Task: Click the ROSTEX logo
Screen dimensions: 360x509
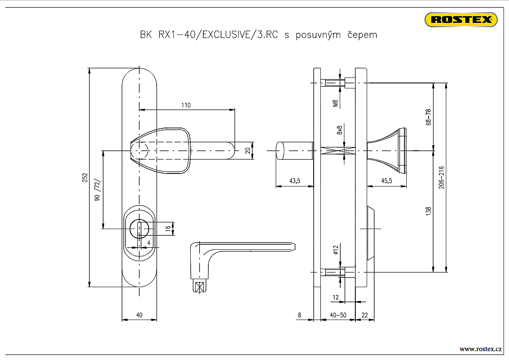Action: tap(461, 19)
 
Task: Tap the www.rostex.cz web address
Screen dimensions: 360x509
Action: tap(480, 349)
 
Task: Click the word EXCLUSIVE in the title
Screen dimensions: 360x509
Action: tap(226, 35)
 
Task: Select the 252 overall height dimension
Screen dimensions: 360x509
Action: tap(84, 177)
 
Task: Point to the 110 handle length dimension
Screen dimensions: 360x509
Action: tap(186, 105)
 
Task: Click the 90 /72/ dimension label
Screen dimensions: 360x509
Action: tap(97, 190)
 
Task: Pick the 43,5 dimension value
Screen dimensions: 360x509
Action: tap(294, 181)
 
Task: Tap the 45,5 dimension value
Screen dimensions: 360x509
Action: tap(386, 181)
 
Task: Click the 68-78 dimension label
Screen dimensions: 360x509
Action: tap(429, 117)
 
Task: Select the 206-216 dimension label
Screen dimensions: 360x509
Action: tap(441, 177)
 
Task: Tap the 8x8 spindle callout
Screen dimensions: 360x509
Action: tap(339, 130)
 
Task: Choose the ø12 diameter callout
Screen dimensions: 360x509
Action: tap(336, 250)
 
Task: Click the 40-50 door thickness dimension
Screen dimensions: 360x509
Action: tap(338, 315)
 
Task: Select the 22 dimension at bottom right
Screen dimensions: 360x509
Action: tap(365, 315)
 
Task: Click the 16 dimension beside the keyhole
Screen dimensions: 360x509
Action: tap(168, 229)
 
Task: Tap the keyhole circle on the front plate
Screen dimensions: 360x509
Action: tap(139, 229)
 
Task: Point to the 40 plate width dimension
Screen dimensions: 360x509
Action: tap(139, 315)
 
